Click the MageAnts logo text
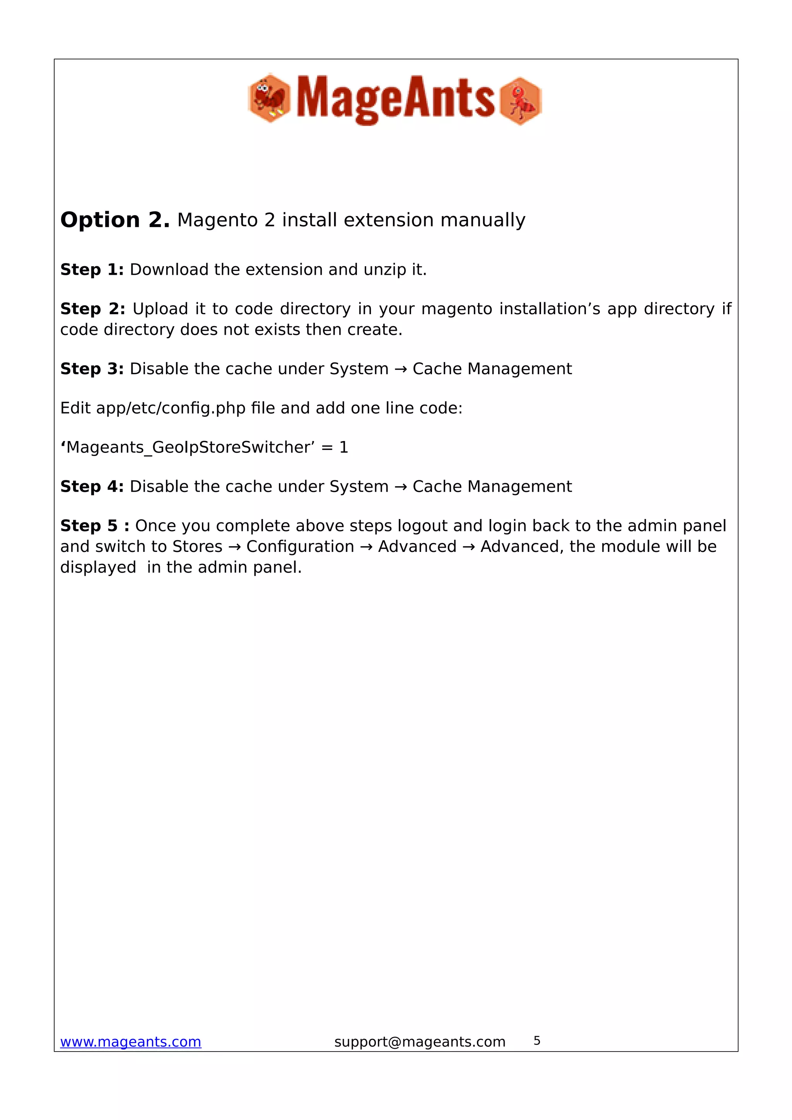coord(395,99)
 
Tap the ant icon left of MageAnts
coord(269,98)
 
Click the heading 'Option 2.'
coord(115,220)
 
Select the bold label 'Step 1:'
coord(92,270)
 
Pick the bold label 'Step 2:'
coord(92,309)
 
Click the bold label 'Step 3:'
coord(92,369)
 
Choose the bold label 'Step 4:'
coord(92,486)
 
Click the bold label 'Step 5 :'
coord(95,526)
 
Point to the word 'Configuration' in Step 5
coord(300,546)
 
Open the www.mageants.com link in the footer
coord(130,1042)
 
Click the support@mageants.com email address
coord(420,1042)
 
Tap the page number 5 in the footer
coord(537,1040)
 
